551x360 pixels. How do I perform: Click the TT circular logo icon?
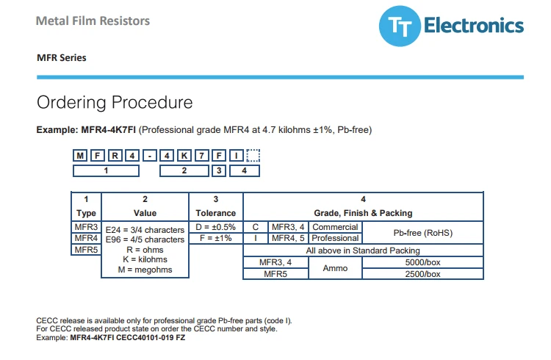[x=400, y=26]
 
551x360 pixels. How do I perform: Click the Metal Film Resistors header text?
[x=93, y=21]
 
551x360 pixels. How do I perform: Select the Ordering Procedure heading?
[x=115, y=102]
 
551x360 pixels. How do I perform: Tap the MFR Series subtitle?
[x=62, y=57]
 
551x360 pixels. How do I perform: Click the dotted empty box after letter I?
[x=253, y=156]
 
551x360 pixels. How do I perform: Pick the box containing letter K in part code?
[x=184, y=156]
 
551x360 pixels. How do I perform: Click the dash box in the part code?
[x=150, y=156]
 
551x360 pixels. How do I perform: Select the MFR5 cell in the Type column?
[x=86, y=250]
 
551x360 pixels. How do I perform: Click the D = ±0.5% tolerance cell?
[x=216, y=227]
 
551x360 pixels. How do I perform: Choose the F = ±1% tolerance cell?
[x=216, y=238]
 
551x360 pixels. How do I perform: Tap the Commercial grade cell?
[x=335, y=227]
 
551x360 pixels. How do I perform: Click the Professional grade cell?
[x=335, y=238]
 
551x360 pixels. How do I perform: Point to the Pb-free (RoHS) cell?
[x=422, y=233]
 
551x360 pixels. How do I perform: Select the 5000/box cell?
[x=422, y=262]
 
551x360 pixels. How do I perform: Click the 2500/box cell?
[x=422, y=274]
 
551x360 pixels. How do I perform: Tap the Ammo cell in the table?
[x=335, y=268]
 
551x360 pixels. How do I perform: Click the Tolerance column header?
[x=216, y=213]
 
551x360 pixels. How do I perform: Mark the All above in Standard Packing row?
[x=363, y=251]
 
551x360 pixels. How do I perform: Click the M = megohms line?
[x=145, y=270]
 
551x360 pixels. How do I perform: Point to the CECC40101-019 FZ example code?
[x=151, y=337]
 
